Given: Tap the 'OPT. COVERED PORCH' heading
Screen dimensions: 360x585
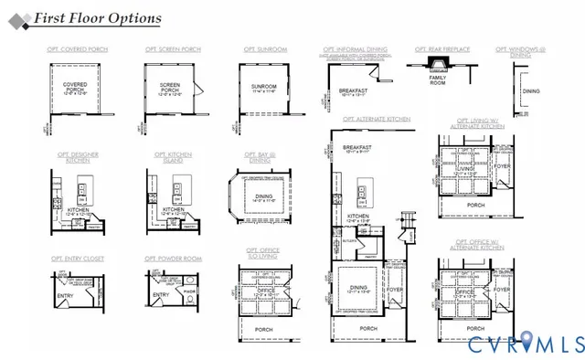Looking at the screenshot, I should click(74, 49).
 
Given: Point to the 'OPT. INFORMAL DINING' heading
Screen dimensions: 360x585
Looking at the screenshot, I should click(356, 49).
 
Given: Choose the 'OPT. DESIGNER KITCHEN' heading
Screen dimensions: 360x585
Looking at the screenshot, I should click(77, 157).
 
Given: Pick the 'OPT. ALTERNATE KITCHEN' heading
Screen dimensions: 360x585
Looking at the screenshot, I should click(377, 119).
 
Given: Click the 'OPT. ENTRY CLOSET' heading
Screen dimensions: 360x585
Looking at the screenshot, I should click(78, 259).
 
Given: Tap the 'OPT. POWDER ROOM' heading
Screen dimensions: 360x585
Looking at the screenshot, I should click(173, 259).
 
